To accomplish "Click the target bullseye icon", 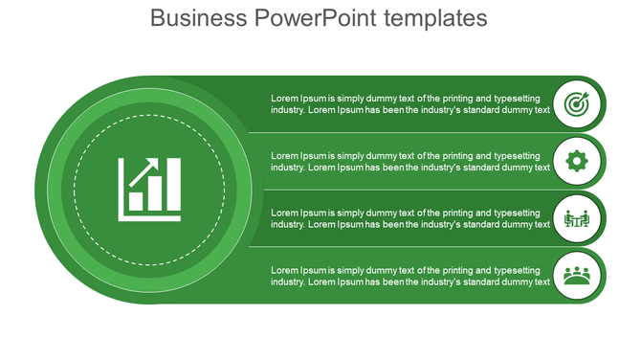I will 576,103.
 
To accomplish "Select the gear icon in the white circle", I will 576,161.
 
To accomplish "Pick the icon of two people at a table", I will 576,218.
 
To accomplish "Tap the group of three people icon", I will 576,276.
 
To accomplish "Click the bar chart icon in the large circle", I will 149,189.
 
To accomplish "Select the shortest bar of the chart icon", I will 137,201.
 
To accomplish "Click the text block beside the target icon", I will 410,103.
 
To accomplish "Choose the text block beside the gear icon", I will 410,161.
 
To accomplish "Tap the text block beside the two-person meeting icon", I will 410,218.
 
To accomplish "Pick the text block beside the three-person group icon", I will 410,276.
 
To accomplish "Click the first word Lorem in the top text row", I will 284,98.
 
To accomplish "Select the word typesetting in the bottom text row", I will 524,270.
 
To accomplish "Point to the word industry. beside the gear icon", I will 288,167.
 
